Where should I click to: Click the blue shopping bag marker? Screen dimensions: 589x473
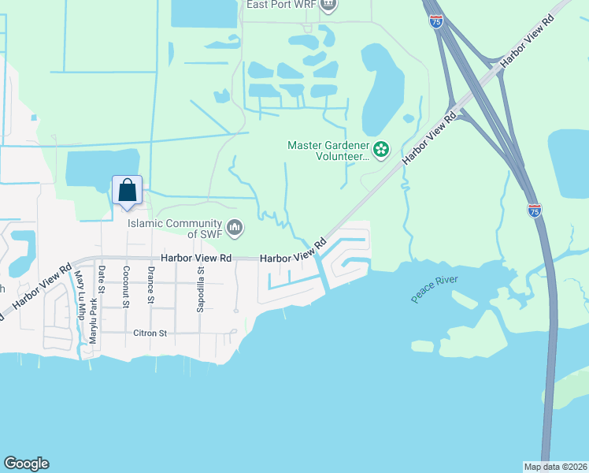(127, 191)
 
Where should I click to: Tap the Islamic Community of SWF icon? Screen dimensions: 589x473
(234, 229)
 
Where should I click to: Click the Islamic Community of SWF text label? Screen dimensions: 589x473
(176, 228)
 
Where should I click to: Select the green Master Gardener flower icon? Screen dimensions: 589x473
(381, 149)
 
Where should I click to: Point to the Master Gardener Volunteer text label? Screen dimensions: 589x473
(328, 151)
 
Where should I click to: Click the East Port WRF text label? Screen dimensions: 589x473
(280, 5)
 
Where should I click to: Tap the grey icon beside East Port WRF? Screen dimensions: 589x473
(328, 5)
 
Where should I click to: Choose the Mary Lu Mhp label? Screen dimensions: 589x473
(79, 292)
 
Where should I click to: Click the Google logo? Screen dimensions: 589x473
(26, 464)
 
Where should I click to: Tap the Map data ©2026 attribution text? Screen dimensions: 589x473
(554, 467)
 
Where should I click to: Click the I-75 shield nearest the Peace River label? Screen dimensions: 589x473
(534, 210)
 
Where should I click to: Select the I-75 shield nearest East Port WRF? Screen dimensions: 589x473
(436, 21)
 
